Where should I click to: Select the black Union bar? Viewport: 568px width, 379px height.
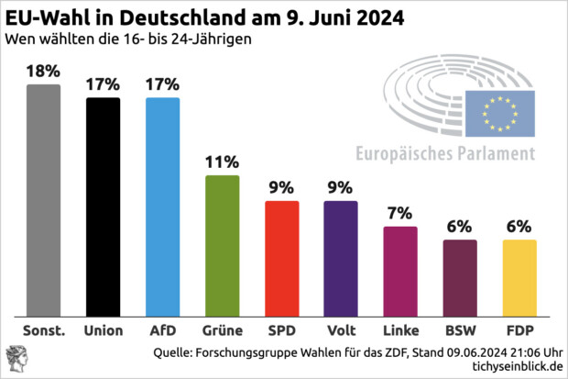coord(103,206)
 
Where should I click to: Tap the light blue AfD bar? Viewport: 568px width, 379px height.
coord(162,206)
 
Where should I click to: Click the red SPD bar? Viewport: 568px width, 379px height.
coord(281,258)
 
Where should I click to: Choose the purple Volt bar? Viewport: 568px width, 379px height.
coord(341,258)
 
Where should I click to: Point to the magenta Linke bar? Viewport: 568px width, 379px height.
coord(400,271)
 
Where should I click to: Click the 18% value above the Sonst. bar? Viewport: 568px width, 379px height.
coord(43,71)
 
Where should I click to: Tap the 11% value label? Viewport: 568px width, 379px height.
coord(222,162)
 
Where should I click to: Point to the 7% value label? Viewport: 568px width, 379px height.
coord(400,214)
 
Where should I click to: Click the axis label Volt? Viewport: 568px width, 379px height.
coord(341,328)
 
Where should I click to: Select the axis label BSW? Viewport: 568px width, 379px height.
coord(460,328)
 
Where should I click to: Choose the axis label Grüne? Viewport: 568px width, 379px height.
coord(222,328)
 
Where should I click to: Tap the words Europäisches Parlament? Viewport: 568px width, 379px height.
coord(444,153)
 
